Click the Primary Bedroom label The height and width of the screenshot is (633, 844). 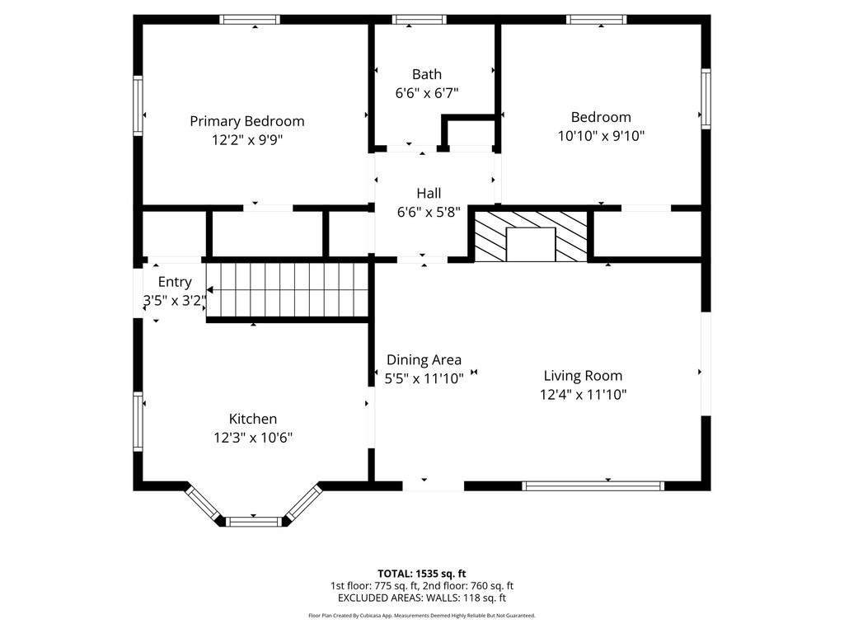tap(246, 121)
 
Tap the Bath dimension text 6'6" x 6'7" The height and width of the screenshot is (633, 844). tap(427, 93)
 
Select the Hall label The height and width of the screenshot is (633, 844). tap(428, 194)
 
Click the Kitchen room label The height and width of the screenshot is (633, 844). tap(252, 419)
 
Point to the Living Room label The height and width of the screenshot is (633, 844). tap(583, 376)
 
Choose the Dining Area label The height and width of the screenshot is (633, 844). tap(424, 360)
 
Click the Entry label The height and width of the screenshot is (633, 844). tap(174, 282)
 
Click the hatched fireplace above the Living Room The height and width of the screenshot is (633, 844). tap(532, 236)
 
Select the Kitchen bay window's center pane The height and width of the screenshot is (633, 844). tap(253, 521)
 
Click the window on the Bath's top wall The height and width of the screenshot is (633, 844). tap(419, 20)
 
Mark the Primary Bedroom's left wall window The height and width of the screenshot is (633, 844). tap(138, 105)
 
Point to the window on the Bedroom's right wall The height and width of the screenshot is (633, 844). tap(706, 98)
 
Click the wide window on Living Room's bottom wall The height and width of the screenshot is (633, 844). tap(593, 486)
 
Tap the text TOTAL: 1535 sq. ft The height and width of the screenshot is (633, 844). tap(421, 573)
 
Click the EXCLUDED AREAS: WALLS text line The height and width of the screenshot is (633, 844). tap(421, 598)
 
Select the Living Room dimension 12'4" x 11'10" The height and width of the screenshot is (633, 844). tap(583, 395)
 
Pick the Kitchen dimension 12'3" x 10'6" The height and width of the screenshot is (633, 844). tap(252, 438)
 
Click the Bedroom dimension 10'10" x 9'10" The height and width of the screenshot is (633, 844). tap(601, 136)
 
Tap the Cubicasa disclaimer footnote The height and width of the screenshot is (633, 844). tap(421, 616)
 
